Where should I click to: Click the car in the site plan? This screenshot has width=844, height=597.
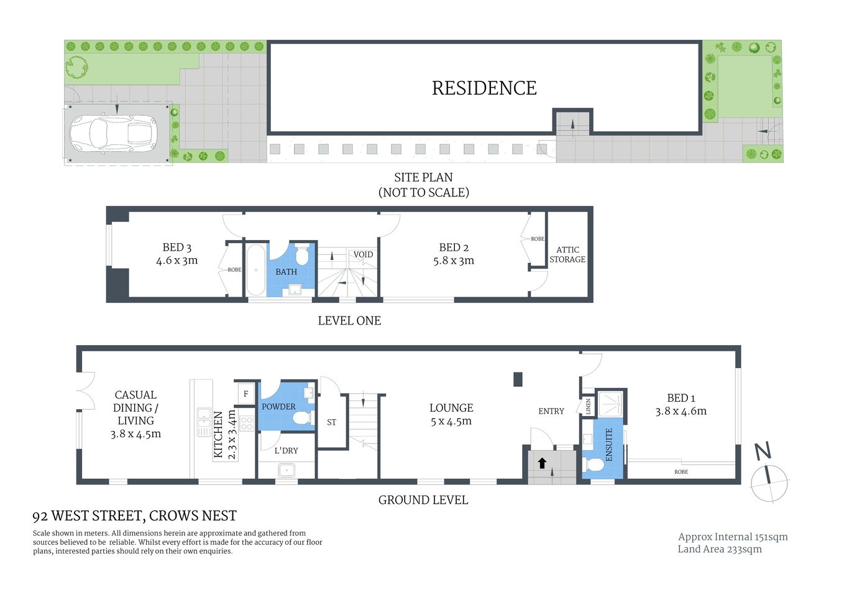point(113,133)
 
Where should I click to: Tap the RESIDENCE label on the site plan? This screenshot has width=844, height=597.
point(484,88)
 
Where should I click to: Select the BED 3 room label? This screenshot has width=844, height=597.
point(177,248)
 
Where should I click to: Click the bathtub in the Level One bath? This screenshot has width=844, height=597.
point(255,270)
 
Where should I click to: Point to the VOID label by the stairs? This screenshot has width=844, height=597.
point(363,254)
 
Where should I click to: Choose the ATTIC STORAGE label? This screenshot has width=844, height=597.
point(567,254)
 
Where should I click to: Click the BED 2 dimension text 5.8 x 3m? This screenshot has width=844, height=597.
point(453,261)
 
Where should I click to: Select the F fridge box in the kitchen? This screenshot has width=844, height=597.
point(246,394)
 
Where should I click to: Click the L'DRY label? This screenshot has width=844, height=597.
point(286,450)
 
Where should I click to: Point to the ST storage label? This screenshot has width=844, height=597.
point(331,422)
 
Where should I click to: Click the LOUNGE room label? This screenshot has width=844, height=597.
point(451,408)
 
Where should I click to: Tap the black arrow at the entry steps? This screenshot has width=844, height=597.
point(542,463)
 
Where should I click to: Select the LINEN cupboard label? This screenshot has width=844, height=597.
point(588,407)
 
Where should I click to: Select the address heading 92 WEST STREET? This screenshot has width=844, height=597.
point(134,516)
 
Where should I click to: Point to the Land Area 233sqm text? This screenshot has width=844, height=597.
point(719,549)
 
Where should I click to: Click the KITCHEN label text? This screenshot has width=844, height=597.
point(218,434)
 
